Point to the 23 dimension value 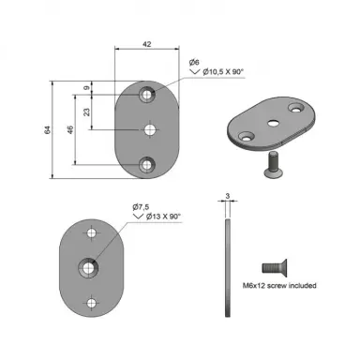pyautogui.click(x=89, y=112)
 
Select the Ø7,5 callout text pyautogui.click(x=140, y=206)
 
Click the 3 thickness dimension pyautogui.click(x=227, y=197)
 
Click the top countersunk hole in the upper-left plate pyautogui.click(x=147, y=95)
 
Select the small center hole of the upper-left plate pyautogui.click(x=147, y=129)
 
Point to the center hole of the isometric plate pyautogui.click(x=273, y=123)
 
